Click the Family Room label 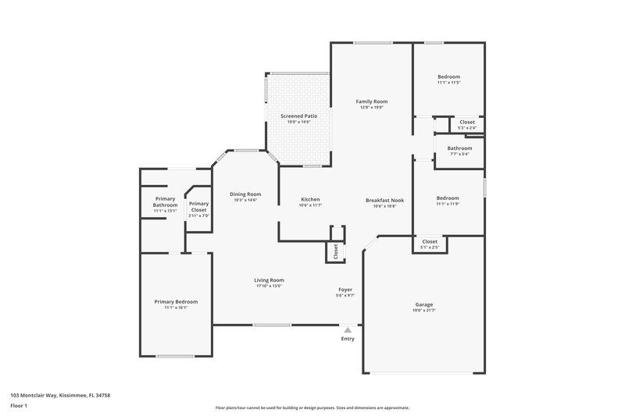tap(372, 101)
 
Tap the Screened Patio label tap(299, 116)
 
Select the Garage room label tap(424, 304)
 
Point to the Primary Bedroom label tap(176, 301)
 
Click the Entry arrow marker tap(348, 329)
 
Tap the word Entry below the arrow tap(348, 339)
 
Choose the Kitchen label tap(310, 200)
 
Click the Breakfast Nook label tap(384, 200)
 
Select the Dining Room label tap(245, 194)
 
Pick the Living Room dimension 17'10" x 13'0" tap(269, 286)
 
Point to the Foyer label tap(345, 289)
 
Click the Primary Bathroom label tap(165, 201)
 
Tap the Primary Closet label tap(198, 207)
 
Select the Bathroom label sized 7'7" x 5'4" tap(459, 148)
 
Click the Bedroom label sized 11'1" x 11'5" tap(448, 76)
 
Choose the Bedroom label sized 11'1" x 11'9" tap(448, 198)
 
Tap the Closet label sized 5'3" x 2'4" tap(466, 122)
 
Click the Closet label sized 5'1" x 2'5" tap(430, 241)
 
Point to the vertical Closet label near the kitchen tap(336, 251)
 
